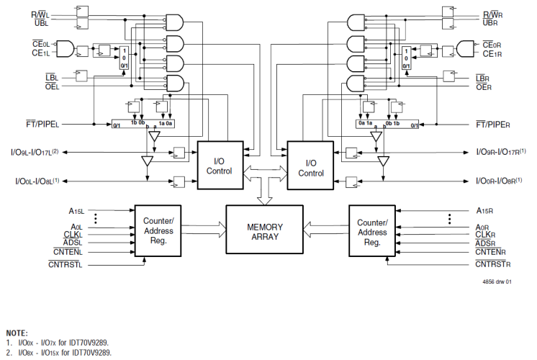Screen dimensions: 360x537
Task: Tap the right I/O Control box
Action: pos(310,168)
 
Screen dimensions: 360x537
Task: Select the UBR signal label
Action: pos(492,23)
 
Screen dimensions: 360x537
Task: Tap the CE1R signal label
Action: pos(492,53)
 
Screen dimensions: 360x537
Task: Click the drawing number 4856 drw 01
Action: pos(496,282)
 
